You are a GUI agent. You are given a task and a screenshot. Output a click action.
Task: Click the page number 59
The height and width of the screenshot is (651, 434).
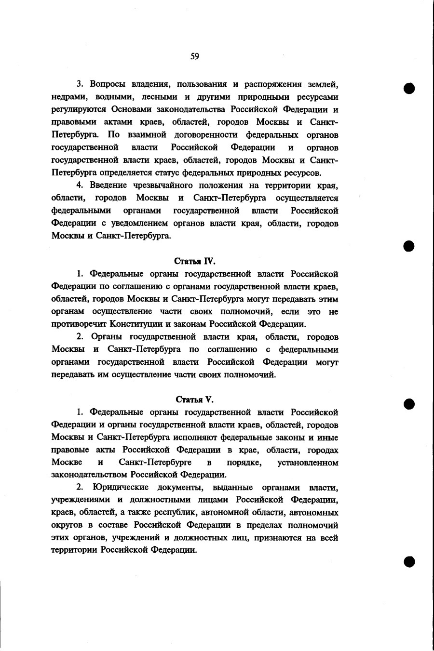194,56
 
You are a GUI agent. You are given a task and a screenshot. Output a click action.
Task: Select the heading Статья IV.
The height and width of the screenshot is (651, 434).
194,262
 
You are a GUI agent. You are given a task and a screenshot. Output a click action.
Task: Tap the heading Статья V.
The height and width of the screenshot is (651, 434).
194,399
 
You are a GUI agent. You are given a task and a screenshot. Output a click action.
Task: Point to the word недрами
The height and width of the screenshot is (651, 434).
67,97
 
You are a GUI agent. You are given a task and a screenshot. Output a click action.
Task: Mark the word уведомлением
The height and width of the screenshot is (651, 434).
138,224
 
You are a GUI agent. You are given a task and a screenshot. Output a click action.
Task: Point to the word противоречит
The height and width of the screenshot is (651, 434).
78,324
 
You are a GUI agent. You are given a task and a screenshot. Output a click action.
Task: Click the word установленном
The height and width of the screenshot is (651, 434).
308,463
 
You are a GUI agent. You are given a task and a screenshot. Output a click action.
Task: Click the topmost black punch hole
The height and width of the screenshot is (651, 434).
409,89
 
